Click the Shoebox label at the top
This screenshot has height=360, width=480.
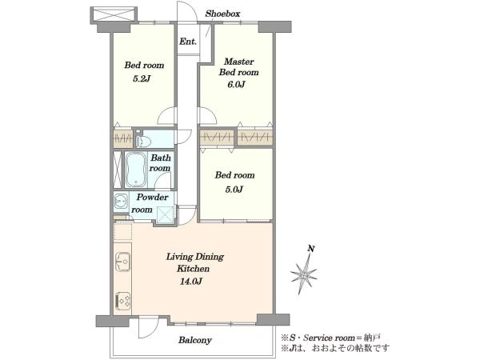pyautogui.click(x=222, y=14)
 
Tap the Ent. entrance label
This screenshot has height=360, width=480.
pyautogui.click(x=188, y=42)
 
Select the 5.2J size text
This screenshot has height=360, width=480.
pyautogui.click(x=142, y=79)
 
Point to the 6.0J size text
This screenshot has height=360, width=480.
pyautogui.click(x=236, y=84)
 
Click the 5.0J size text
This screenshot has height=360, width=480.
pyautogui.click(x=234, y=190)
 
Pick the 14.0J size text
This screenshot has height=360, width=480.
pyautogui.click(x=190, y=282)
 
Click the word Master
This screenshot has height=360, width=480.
pyautogui.click(x=238, y=62)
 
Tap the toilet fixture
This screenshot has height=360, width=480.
pyautogui.click(x=143, y=140)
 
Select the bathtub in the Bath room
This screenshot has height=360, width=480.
pyautogui.click(x=136, y=170)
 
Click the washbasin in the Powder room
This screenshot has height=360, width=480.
pyautogui.click(x=121, y=202)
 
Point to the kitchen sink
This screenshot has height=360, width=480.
pyautogui.click(x=122, y=262)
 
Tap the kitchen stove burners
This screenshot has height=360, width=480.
pyautogui.click(x=122, y=302)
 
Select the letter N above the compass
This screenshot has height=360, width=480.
pyautogui.click(x=311, y=248)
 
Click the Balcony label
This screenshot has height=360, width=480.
pyautogui.click(x=195, y=340)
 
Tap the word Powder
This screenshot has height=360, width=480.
pyautogui.click(x=153, y=197)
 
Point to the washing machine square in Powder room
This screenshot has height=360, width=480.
pyautogui.click(x=166, y=215)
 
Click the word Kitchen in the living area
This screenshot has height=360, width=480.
pyautogui.click(x=193, y=269)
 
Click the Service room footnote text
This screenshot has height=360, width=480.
pyautogui.click(x=331, y=338)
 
